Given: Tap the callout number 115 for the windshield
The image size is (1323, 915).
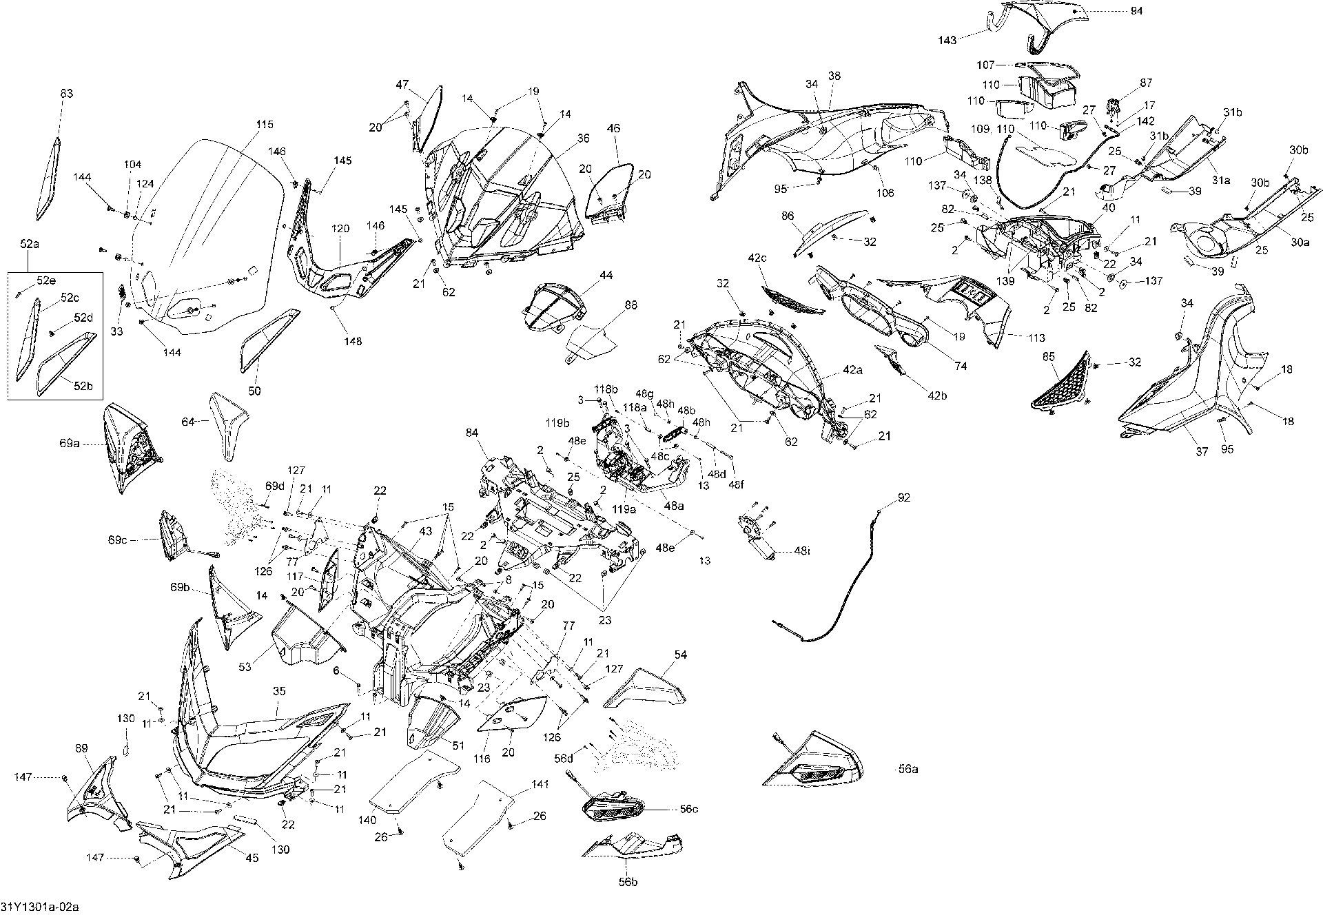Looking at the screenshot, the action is pos(265,125).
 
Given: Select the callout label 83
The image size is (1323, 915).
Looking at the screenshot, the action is pos(67,94).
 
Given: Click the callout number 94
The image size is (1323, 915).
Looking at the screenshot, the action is pos(1136,11).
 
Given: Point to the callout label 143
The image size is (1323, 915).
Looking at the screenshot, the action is pos(947,41).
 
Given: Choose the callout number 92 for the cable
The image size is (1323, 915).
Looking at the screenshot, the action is pos(904,497).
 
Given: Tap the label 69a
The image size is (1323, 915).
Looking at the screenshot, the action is pos(69,444).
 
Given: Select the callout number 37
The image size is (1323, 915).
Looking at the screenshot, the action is pos(1201,452).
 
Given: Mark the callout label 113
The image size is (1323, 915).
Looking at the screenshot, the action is pos(1036,338).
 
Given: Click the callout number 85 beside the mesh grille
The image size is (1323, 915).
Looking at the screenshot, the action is pos(1049,356).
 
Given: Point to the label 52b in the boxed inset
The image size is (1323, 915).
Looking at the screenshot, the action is pos(83,386).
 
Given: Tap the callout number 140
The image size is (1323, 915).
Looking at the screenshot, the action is pos(367,821).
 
